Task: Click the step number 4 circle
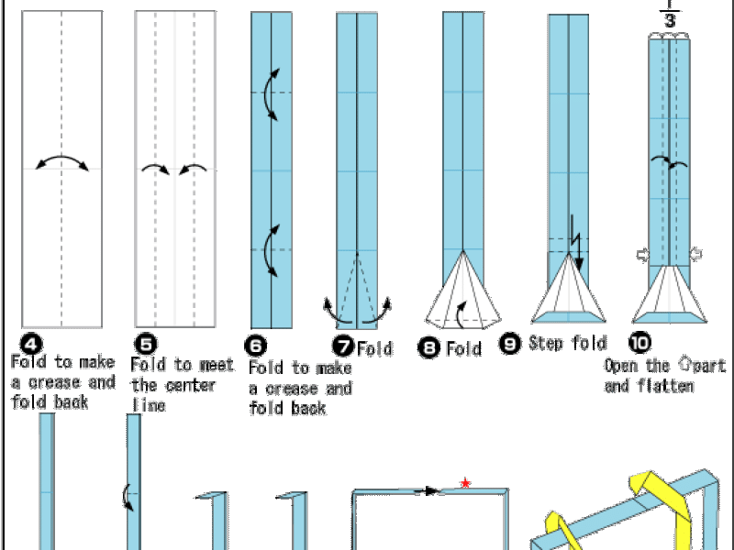[31, 345]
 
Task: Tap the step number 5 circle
[145, 345]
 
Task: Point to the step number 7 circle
[343, 347]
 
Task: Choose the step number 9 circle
[510, 345]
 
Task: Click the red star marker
[465, 482]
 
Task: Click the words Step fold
[567, 345]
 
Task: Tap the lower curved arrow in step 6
[269, 250]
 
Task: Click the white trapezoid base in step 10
[670, 293]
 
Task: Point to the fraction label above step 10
[669, 16]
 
